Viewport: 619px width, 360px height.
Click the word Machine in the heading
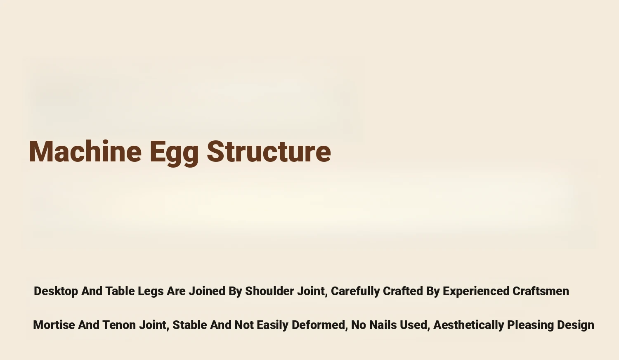tap(85, 151)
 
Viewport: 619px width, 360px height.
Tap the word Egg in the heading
tap(174, 153)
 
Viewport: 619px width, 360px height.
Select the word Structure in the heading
tap(269, 152)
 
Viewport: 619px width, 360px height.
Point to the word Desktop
tap(56, 291)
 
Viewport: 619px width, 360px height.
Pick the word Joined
tap(207, 291)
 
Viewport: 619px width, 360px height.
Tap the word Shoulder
tap(269, 291)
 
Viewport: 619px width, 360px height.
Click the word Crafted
tap(403, 291)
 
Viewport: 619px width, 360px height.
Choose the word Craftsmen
tap(541, 291)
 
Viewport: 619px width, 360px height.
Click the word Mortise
tap(54, 325)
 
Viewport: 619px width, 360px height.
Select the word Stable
tap(190, 325)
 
